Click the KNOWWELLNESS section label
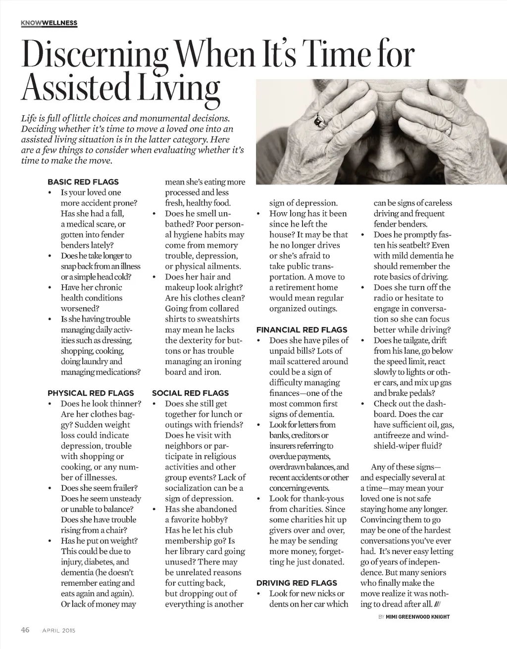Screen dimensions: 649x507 (x=50, y=23)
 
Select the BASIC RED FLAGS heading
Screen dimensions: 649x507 (x=83, y=182)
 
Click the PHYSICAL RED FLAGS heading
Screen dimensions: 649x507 (x=91, y=393)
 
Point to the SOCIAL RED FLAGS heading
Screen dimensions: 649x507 (x=190, y=393)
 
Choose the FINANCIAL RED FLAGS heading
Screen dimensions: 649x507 (x=302, y=329)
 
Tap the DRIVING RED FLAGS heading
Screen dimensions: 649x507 (x=296, y=583)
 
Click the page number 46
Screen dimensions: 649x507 (x=25, y=630)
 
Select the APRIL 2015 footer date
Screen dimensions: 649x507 (x=58, y=630)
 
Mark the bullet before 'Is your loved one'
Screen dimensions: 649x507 (x=50, y=192)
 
